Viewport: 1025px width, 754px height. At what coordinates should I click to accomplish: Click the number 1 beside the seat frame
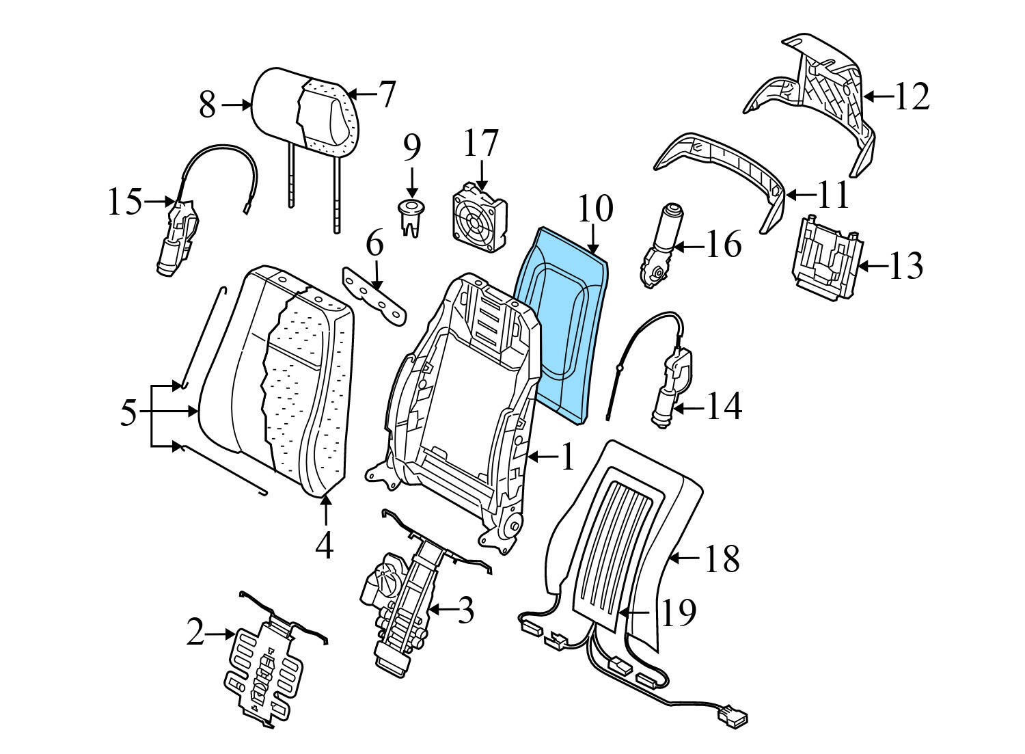point(568,457)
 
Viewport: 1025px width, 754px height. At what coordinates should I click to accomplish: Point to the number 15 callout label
point(124,202)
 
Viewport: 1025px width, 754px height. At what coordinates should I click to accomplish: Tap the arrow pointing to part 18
point(683,558)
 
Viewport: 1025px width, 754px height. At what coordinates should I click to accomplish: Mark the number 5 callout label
point(128,413)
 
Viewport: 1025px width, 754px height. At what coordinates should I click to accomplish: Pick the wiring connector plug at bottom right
point(733,718)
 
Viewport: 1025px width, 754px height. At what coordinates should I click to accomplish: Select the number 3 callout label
point(465,610)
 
